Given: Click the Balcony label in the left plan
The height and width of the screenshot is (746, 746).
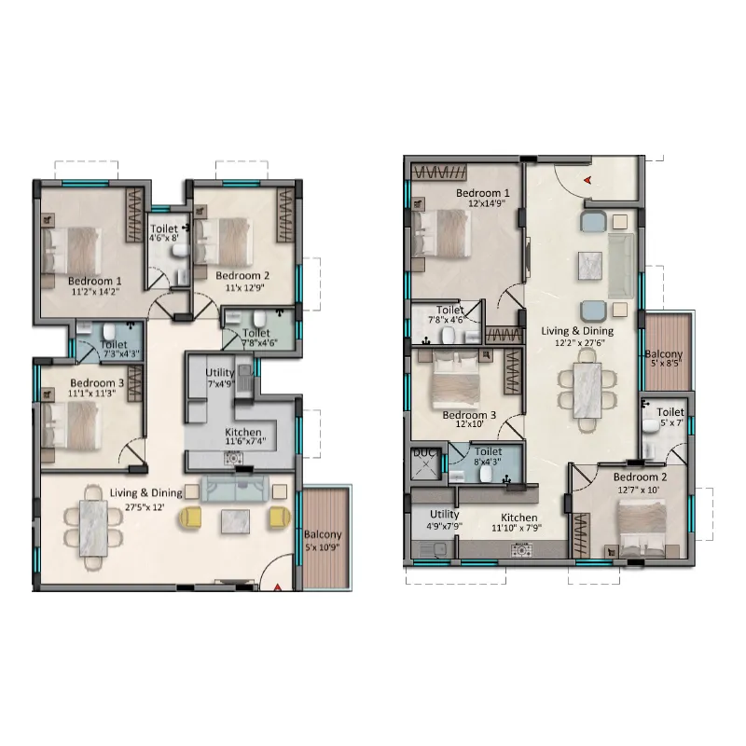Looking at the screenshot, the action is pos(323,534).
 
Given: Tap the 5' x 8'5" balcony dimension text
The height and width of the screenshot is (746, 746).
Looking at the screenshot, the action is pos(666,363).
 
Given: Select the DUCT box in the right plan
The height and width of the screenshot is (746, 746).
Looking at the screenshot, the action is pos(425,463).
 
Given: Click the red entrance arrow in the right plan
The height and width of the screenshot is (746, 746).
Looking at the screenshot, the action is pos(588,180).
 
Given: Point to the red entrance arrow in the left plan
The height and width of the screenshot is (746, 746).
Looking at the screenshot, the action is pos(277,588).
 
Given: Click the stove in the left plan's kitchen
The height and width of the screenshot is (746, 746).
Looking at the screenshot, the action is pos(234,459).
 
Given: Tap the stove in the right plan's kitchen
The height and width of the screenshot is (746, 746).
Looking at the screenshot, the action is pos(522,550).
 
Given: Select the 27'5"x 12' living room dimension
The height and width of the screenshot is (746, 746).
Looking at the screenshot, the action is pos(145,507).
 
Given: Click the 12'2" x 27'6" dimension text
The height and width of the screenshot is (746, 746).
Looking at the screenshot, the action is pos(579,342).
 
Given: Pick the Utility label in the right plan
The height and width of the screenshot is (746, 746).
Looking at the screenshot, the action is pos(445,515).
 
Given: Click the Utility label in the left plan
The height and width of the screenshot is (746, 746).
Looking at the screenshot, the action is pos(220,372).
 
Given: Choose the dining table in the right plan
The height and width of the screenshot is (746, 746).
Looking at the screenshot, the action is pos(587,390).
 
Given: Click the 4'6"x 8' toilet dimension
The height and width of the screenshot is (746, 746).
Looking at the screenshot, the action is pos(164,238).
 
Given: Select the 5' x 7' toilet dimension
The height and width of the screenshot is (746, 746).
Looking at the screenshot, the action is pos(671,422).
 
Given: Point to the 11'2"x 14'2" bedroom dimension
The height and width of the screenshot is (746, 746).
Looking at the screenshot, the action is pos(95,292).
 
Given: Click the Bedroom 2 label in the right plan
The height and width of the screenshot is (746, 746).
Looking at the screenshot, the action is pos(640,477).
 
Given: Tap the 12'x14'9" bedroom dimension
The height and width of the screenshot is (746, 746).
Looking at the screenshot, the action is pos(486,203).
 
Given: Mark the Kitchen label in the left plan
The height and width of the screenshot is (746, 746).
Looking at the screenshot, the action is pos(243,432).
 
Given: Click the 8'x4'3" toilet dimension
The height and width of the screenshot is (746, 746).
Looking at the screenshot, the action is pos(487,462).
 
